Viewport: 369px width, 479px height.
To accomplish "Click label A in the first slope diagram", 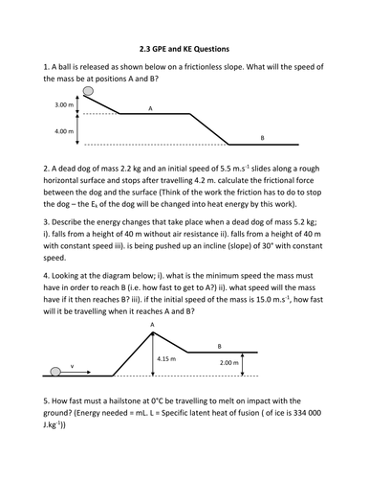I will [x=150, y=109].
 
